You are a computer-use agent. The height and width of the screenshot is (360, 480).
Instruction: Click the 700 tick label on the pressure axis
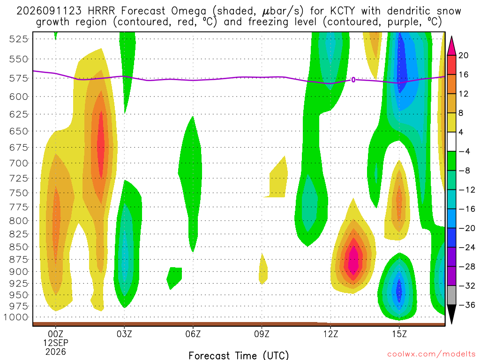(19, 163)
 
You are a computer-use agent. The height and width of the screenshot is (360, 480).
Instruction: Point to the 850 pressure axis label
(19, 247)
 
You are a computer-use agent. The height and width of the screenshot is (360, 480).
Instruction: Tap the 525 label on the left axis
(19, 39)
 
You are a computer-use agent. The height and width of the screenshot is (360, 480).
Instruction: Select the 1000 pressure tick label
(16, 317)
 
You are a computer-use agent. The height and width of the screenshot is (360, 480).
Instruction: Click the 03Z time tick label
(124, 334)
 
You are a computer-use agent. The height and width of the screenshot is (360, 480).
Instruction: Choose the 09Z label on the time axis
(262, 334)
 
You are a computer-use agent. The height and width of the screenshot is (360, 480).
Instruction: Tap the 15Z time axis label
(399, 334)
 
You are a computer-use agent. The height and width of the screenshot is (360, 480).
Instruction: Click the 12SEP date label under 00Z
(55, 343)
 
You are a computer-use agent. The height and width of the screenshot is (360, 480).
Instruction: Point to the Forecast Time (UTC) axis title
(239, 355)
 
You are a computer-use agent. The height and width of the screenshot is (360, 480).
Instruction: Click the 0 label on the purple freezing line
(353, 80)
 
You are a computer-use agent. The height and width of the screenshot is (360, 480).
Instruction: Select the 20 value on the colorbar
(463, 55)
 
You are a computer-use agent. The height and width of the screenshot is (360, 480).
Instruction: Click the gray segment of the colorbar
(451, 295)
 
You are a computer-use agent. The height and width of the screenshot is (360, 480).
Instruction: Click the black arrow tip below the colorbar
(451, 323)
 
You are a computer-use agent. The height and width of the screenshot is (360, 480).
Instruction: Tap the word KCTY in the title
(342, 11)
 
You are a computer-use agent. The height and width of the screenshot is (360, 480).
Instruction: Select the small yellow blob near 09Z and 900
(263, 269)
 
